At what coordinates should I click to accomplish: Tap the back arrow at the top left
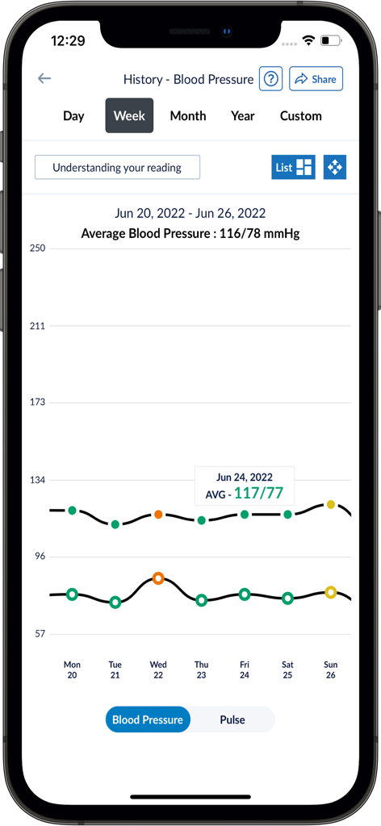click(44, 78)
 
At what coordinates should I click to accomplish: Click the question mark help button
click(270, 79)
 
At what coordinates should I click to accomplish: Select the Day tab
click(73, 116)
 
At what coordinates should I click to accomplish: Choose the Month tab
click(188, 116)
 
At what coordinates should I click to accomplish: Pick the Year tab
click(242, 116)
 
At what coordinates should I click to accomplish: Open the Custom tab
click(300, 116)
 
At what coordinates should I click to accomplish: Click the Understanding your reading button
click(117, 168)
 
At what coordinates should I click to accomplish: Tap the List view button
click(293, 168)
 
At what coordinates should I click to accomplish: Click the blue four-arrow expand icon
click(334, 167)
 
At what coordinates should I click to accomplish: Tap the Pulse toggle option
click(232, 720)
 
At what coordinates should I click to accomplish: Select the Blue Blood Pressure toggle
click(148, 720)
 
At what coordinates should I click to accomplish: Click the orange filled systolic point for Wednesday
click(158, 514)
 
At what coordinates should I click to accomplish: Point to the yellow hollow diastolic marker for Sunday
click(330, 592)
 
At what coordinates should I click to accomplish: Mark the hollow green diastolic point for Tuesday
click(115, 602)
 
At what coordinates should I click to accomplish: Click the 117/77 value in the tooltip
click(258, 493)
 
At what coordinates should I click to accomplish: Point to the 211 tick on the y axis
click(37, 326)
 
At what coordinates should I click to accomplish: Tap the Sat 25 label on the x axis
click(287, 670)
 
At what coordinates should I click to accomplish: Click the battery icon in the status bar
click(330, 40)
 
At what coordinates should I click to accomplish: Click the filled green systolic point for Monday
click(73, 510)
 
